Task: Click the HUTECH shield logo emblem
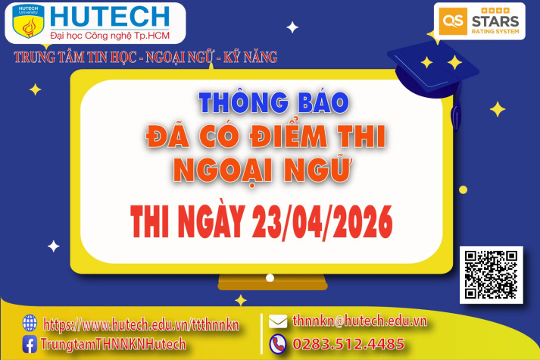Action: click(x=29, y=23)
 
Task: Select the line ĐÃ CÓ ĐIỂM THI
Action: click(x=265, y=136)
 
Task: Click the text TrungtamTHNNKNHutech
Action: click(x=114, y=345)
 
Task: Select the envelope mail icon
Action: click(x=278, y=321)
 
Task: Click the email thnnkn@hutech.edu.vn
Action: click(x=359, y=321)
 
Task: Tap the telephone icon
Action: click(x=278, y=343)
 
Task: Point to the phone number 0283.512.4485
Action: click(x=348, y=344)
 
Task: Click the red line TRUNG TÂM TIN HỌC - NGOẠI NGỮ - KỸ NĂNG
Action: click(x=145, y=57)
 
